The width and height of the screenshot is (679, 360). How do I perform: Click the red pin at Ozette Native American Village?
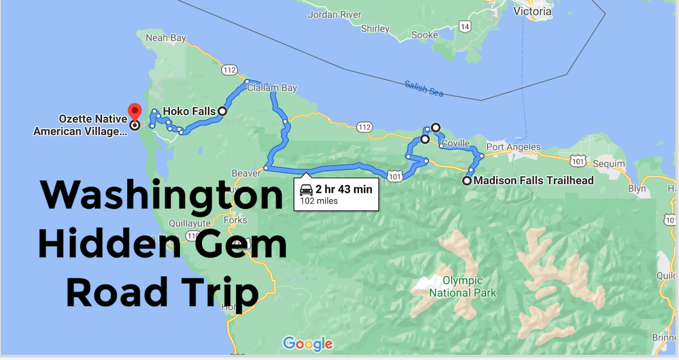(x=134, y=112)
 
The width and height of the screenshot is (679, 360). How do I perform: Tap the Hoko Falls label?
(x=189, y=111)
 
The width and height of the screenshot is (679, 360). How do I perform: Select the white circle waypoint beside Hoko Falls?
(x=222, y=112)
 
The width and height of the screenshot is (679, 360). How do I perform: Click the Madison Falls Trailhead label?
(x=534, y=181)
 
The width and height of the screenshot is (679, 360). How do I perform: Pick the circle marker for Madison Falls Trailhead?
(x=466, y=181)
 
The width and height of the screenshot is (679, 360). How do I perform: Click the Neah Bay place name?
(x=166, y=38)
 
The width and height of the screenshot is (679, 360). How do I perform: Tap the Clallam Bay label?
(x=272, y=88)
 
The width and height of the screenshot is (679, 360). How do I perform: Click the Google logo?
(x=307, y=344)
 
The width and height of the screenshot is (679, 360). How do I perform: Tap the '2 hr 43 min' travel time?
(x=343, y=189)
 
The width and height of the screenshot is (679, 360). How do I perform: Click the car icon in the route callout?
(x=306, y=189)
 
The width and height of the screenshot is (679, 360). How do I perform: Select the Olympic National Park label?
(x=462, y=286)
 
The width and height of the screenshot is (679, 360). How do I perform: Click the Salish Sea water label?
(x=424, y=88)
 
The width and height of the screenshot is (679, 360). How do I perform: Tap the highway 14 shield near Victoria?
(x=465, y=26)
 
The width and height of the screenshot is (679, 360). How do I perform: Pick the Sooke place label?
(x=425, y=35)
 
